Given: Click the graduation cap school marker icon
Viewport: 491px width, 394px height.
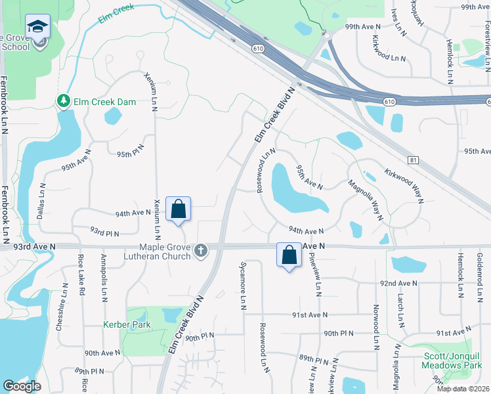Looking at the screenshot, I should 37,27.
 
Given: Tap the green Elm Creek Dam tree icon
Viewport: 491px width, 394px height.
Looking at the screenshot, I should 64,101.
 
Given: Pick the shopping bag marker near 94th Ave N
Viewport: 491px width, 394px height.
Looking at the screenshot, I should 178,209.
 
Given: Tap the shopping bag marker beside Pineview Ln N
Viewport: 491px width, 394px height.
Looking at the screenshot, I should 289,255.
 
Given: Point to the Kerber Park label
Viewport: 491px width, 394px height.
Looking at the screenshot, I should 127,324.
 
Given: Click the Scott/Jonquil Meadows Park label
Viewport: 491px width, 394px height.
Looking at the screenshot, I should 454,360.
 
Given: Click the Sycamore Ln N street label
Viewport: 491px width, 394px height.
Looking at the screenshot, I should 243,293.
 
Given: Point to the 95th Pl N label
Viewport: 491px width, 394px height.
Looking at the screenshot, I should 130,154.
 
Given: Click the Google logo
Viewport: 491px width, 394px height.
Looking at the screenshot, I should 21,386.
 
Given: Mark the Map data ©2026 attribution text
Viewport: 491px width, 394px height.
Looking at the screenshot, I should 463,389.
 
